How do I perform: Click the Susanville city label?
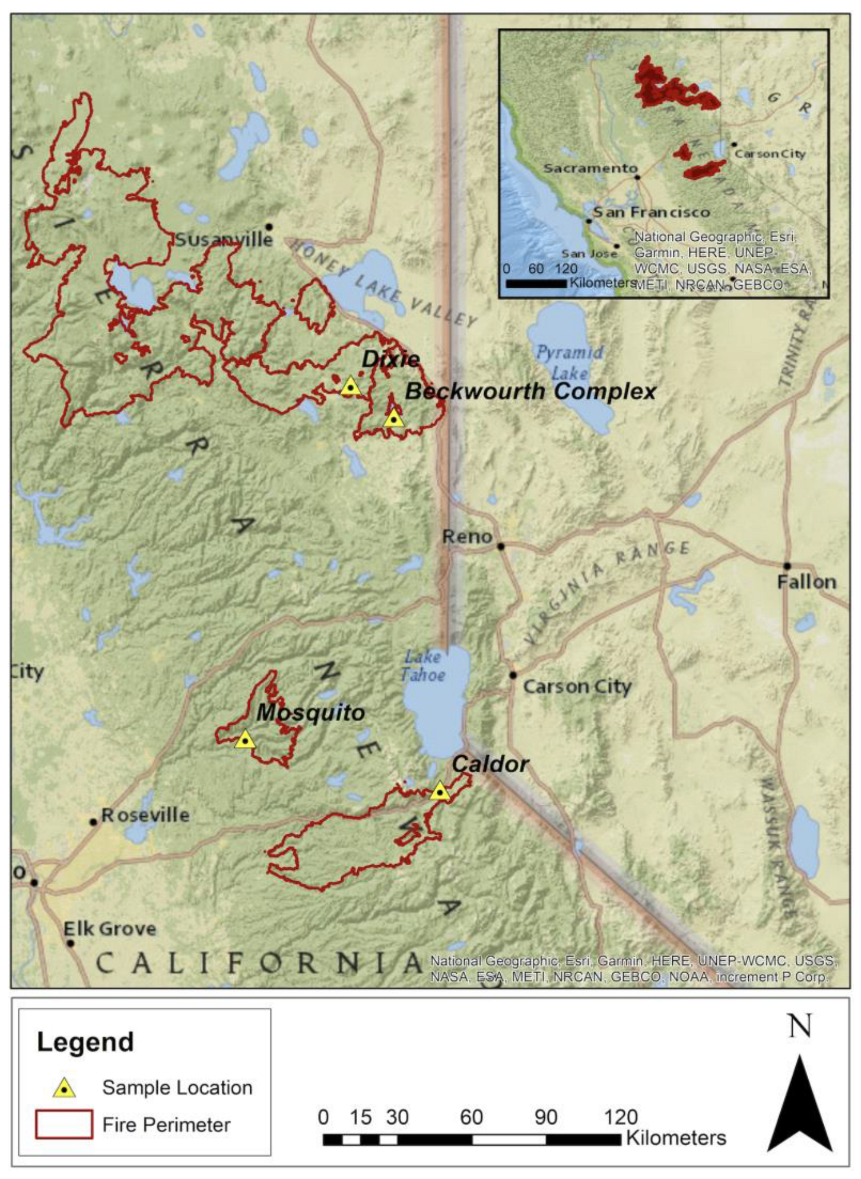pyautogui.click(x=223, y=240)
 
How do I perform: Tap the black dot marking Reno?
pyautogui.click(x=500, y=546)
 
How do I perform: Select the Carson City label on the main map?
pyautogui.click(x=577, y=687)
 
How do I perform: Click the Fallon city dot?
pyautogui.click(x=787, y=566)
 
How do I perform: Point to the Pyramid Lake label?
pyautogui.click(x=570, y=362)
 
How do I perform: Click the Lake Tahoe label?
pyautogui.click(x=423, y=665)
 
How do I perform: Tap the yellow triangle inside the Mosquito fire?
pyautogui.click(x=244, y=740)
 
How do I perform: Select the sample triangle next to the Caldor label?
pyautogui.click(x=439, y=791)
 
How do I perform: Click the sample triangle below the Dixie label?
pyautogui.click(x=350, y=387)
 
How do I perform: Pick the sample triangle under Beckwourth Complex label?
pyautogui.click(x=393, y=419)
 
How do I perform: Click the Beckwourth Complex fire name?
pyautogui.click(x=531, y=391)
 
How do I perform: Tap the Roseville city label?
pyautogui.click(x=145, y=815)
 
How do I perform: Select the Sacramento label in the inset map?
pyautogui.click(x=590, y=168)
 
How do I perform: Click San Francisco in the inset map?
pyautogui.click(x=651, y=212)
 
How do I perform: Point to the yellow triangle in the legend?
pyautogui.click(x=64, y=1088)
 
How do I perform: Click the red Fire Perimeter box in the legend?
pyautogui.click(x=64, y=1124)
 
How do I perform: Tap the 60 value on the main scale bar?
pyautogui.click(x=471, y=1117)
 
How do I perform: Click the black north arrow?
pyautogui.click(x=799, y=1107)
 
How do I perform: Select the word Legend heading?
pyautogui.click(x=85, y=1042)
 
